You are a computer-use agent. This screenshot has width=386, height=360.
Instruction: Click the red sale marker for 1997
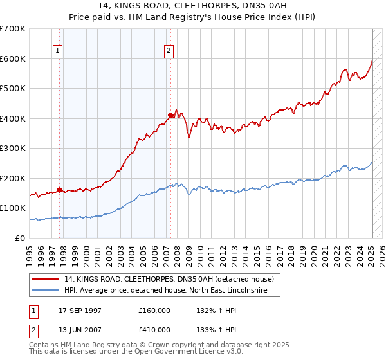pos(59,190)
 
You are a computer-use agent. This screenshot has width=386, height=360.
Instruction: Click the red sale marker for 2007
pos(170,116)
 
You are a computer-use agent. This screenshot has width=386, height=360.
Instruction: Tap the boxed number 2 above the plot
pos(169,51)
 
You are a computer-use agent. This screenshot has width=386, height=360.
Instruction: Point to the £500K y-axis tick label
pos(13,88)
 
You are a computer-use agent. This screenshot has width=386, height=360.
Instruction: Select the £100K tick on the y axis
pos(13,208)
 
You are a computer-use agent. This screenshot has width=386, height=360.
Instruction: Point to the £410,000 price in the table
pos(154,329)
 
